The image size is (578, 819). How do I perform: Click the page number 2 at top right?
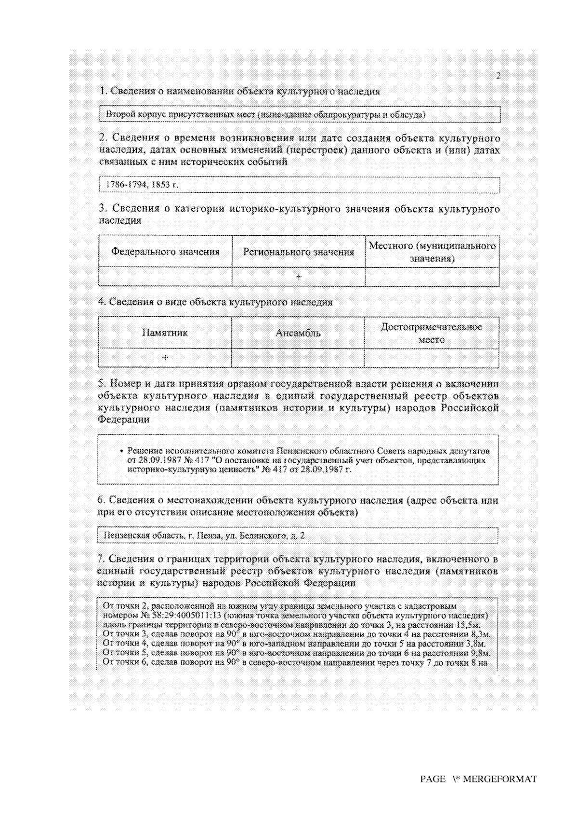(x=498, y=76)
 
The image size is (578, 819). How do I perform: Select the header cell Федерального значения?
(x=165, y=252)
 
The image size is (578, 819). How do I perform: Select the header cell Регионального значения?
(x=299, y=252)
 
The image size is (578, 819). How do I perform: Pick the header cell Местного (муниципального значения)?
(x=432, y=252)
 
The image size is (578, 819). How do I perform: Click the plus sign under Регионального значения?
(x=299, y=277)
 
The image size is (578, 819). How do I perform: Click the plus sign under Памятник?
(x=165, y=358)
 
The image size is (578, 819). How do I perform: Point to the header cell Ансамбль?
(x=298, y=333)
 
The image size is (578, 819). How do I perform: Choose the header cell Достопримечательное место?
(x=432, y=333)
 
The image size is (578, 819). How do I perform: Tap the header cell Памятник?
(x=165, y=333)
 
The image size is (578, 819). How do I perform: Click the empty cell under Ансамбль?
(x=298, y=358)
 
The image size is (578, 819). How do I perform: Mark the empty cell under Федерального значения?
(x=165, y=277)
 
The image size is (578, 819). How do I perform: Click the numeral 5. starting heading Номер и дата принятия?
(x=102, y=384)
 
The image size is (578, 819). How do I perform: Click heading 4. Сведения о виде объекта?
(x=215, y=302)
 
